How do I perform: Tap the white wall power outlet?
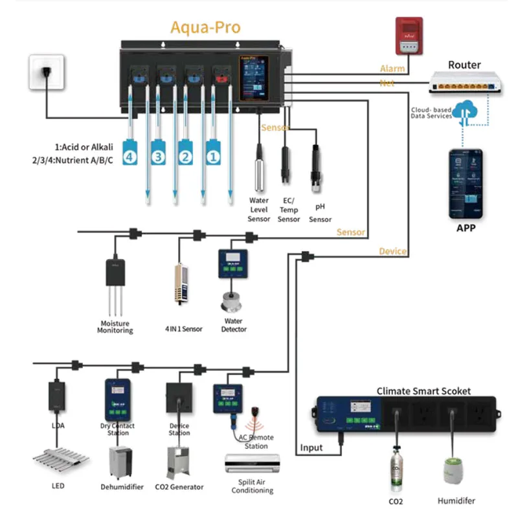click(x=47, y=73)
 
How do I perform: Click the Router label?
click(x=464, y=65)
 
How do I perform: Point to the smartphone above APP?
click(x=466, y=184)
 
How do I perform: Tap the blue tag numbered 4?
click(x=130, y=156)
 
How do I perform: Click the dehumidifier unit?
click(x=121, y=462)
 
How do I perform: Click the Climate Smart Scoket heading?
click(x=423, y=391)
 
